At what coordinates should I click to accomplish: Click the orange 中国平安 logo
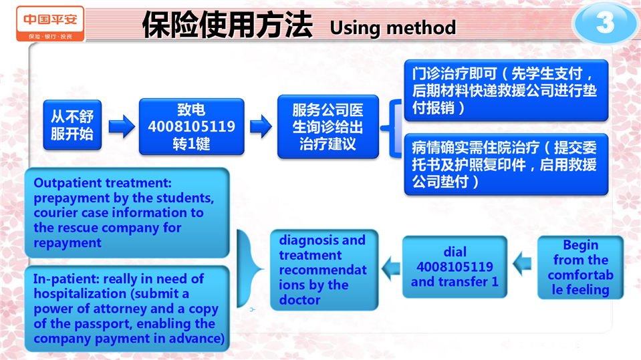click(50, 23)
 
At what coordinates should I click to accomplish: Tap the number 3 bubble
click(605, 23)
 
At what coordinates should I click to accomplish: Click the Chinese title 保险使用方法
click(227, 25)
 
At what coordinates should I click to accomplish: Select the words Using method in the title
click(392, 28)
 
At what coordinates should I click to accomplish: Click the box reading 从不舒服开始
click(72, 125)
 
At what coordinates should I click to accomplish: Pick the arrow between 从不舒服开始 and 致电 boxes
click(122, 126)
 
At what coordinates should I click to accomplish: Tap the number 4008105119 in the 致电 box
click(191, 127)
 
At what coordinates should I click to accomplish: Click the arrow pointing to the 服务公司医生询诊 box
click(261, 126)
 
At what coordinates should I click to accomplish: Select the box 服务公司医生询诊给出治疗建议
click(328, 127)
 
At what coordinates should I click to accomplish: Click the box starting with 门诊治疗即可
click(506, 90)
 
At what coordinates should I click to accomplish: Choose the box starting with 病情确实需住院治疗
click(506, 164)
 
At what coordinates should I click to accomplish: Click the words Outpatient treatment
click(103, 182)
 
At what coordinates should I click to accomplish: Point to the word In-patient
click(66, 279)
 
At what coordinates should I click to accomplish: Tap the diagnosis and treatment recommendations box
click(324, 270)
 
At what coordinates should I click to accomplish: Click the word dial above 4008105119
click(455, 252)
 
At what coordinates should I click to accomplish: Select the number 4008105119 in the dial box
click(455, 267)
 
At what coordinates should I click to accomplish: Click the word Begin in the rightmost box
click(580, 244)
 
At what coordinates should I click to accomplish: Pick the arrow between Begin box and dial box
click(522, 264)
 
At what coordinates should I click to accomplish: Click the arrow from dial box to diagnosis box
click(391, 268)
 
